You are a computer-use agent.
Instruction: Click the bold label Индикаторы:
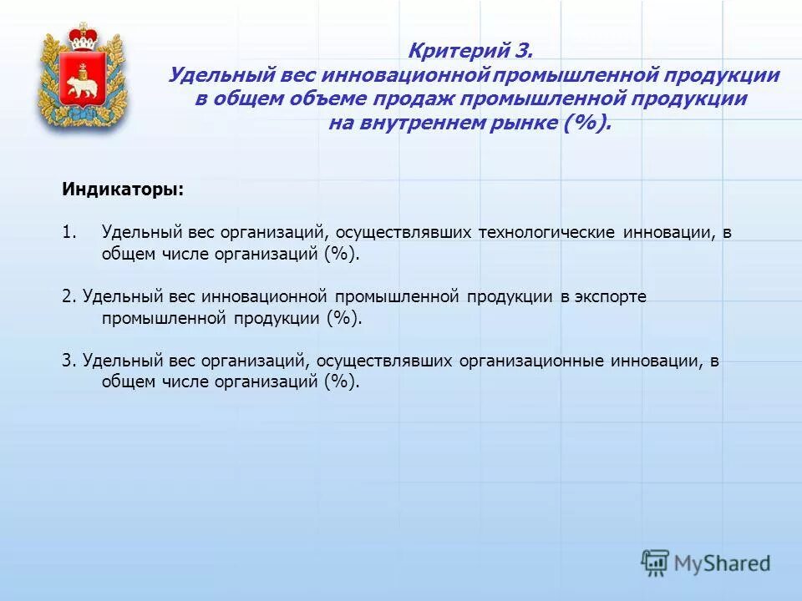123,189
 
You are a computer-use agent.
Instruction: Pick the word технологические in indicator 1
546,233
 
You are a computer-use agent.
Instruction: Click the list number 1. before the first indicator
69,233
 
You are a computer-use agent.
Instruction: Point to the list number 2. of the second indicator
69,297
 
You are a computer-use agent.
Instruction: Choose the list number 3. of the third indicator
69,361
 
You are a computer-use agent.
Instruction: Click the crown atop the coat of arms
82,38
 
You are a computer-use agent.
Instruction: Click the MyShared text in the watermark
722,563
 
